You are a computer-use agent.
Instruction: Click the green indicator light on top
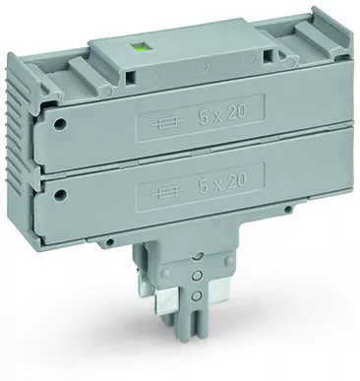pos(143,48)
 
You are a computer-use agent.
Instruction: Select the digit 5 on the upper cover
pos(204,117)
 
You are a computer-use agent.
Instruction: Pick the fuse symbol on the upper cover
pos(168,124)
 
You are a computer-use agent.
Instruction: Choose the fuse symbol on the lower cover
pos(168,192)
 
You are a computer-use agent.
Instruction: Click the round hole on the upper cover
pos(60,123)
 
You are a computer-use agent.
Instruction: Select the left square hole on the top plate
pos(131,77)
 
